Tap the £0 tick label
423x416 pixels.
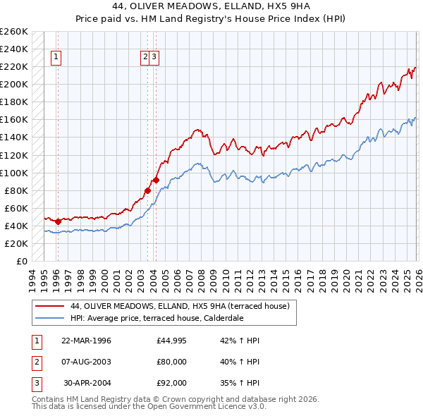(22, 261)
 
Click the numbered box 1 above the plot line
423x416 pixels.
(56, 58)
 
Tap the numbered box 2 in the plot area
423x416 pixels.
(145, 58)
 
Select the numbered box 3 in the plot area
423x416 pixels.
(154, 58)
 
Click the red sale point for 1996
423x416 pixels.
(58, 221)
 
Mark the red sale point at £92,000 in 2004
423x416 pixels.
(156, 180)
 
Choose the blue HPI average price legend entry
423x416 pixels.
(157, 318)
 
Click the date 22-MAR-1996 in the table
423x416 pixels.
(86, 341)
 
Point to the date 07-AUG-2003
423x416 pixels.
(86, 362)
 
